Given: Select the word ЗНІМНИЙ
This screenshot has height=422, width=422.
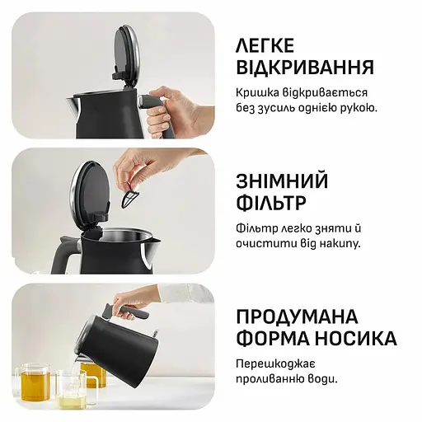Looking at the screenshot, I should [282, 181].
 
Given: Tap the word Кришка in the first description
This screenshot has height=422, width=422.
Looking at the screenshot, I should [259, 92].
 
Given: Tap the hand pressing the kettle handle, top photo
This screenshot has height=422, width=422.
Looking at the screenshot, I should [177, 107].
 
